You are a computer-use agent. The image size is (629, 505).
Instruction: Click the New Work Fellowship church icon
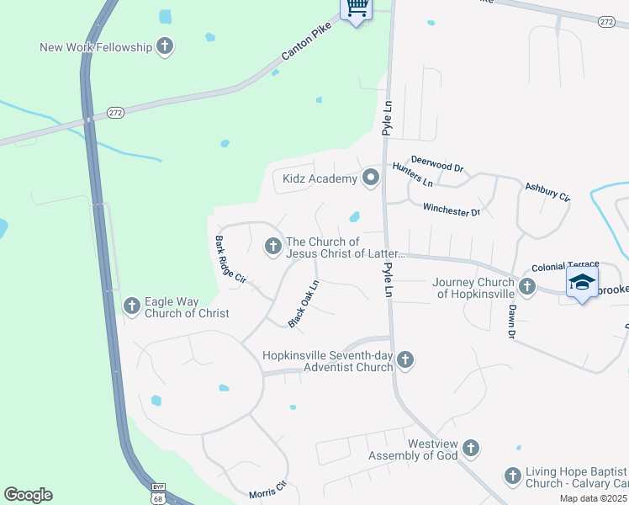click(x=165, y=46)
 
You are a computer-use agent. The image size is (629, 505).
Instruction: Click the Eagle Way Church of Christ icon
click(x=131, y=306)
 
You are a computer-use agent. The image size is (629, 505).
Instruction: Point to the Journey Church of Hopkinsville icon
click(x=527, y=287)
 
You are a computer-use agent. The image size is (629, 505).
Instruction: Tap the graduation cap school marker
click(x=582, y=282)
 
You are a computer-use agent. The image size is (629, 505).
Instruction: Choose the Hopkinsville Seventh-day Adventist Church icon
click(x=405, y=360)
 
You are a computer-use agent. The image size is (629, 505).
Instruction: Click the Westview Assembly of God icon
click(x=470, y=449)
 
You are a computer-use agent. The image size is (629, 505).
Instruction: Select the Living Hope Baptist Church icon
click(x=513, y=476)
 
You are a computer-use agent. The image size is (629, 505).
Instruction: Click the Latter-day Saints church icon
click(x=272, y=247)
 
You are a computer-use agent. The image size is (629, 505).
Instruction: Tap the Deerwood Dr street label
click(x=437, y=163)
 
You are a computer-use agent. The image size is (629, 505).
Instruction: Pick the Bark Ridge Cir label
click(x=230, y=259)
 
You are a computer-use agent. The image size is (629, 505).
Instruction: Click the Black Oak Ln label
click(x=304, y=304)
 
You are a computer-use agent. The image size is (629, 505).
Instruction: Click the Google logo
click(x=28, y=494)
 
